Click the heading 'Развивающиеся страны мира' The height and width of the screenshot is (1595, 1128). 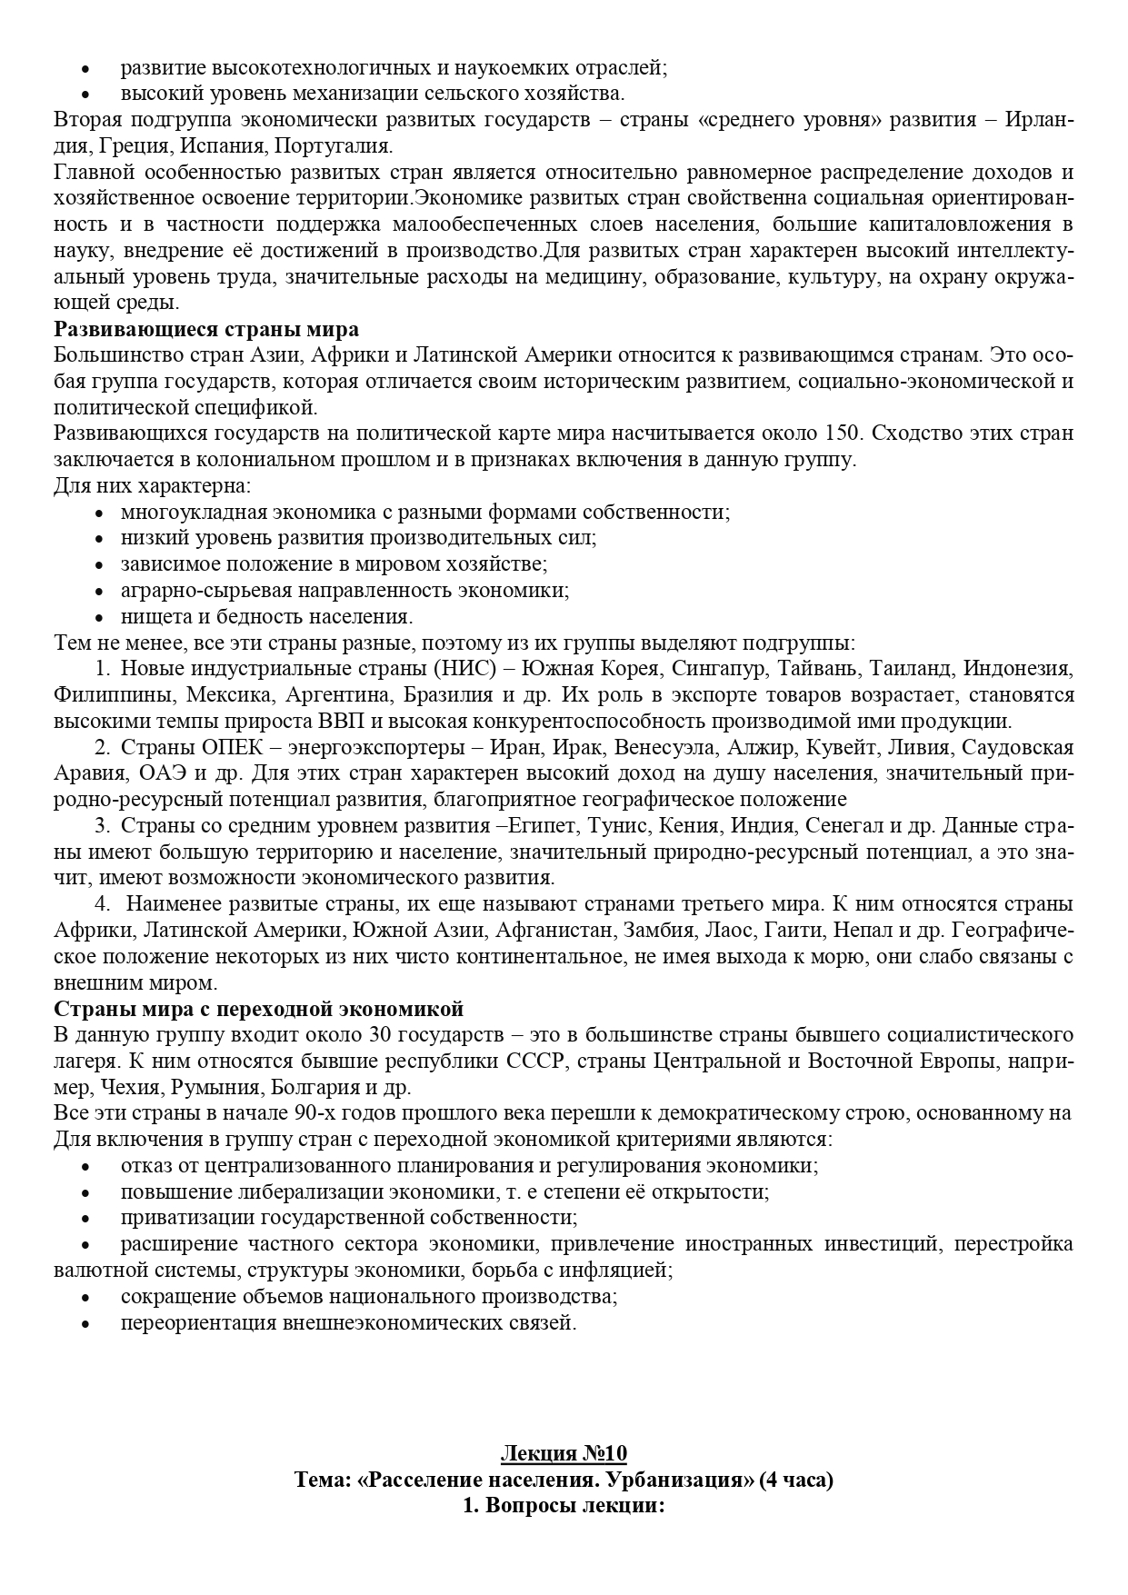tap(206, 328)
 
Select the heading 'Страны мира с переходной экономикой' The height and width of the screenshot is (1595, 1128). tap(259, 1009)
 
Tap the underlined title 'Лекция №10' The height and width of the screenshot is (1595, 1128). tap(564, 1453)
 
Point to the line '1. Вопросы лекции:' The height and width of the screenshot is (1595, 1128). tap(564, 1506)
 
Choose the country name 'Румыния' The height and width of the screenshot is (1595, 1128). tap(212, 1087)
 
